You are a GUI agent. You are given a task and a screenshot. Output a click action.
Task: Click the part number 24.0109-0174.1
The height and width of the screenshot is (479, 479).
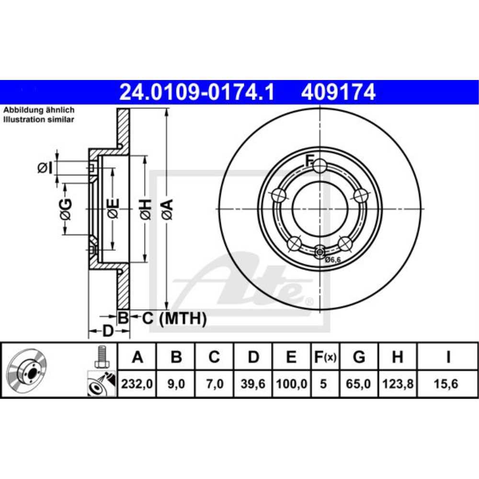(x=197, y=92)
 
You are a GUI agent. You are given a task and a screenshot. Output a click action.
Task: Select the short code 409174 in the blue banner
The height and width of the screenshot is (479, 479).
(x=338, y=92)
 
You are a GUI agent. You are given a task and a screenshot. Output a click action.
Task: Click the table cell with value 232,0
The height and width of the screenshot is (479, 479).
(x=137, y=384)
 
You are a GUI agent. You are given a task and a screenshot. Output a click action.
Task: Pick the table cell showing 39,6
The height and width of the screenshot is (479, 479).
(x=253, y=384)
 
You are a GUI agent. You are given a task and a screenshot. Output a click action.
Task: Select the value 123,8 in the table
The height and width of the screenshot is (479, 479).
(x=397, y=384)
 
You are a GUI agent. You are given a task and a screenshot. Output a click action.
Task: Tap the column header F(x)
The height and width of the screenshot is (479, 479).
(x=325, y=357)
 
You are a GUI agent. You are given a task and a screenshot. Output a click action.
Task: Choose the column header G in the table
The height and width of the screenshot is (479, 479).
(x=358, y=357)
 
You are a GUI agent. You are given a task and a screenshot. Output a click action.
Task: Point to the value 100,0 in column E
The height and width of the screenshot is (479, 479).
(x=291, y=384)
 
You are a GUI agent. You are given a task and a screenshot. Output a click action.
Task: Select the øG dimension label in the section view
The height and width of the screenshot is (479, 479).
(x=66, y=209)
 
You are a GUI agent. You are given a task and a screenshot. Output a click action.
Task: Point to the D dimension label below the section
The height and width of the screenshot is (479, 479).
(x=108, y=331)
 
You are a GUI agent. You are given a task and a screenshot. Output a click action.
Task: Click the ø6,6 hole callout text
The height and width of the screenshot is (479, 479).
(x=332, y=260)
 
